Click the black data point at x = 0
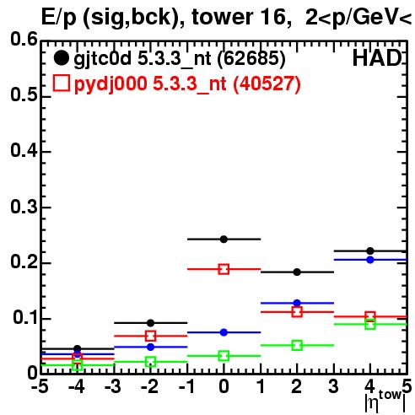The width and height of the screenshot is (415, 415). (x=224, y=240)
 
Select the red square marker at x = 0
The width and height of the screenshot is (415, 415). (x=224, y=269)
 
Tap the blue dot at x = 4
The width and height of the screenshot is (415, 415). (x=370, y=260)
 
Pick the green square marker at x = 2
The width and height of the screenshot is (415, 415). (x=297, y=345)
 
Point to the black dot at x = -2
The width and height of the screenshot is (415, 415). (x=150, y=323)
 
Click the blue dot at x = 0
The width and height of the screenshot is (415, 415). (x=224, y=332)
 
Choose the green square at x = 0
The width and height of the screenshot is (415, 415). (x=224, y=356)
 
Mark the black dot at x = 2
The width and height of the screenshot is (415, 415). (x=297, y=272)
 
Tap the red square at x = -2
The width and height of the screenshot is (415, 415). (x=150, y=336)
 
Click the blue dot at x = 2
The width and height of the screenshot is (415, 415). (x=297, y=303)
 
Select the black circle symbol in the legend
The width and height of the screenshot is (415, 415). (x=61, y=58)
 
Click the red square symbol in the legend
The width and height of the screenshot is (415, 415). (x=62, y=83)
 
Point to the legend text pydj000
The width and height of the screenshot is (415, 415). (x=110, y=84)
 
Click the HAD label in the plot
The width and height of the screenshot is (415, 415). (x=377, y=58)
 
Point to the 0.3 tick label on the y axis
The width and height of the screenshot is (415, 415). (x=24, y=207)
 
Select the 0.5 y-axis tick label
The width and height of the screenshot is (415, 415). (x=24, y=94)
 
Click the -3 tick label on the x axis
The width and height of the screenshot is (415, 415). (x=113, y=386)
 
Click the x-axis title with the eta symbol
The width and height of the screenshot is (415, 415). (x=385, y=401)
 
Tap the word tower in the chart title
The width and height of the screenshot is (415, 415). (x=223, y=17)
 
